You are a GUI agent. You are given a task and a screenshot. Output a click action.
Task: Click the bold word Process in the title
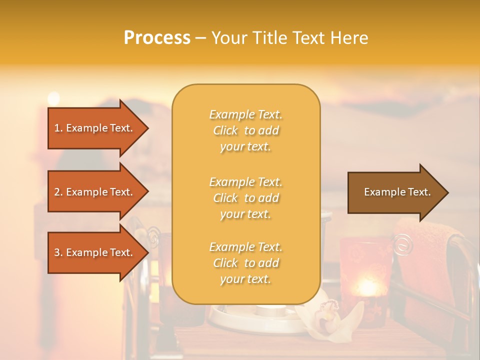point(157,37)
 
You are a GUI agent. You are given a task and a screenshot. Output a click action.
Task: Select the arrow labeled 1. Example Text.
point(95,128)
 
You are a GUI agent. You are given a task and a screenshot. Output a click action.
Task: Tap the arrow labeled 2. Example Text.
point(95,192)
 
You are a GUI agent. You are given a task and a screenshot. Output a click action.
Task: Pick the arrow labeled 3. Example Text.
point(95,252)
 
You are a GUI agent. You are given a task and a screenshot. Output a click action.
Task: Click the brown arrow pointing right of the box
point(395,192)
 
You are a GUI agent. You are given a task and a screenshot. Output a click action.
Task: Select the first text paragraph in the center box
point(245,130)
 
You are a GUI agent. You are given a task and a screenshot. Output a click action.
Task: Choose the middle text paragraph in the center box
point(245,198)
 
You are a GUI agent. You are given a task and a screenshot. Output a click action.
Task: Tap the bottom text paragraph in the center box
point(245,263)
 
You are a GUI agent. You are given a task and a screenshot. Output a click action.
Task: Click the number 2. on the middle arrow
point(58,192)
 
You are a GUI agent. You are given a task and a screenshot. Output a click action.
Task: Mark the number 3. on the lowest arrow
point(58,252)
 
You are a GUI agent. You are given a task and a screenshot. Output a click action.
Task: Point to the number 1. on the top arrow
point(58,128)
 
